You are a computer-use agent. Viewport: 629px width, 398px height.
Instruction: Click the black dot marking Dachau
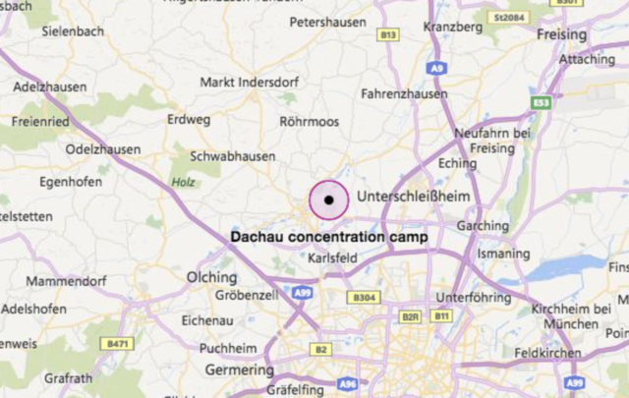[329, 199]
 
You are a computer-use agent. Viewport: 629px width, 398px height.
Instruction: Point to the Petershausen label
[327, 20]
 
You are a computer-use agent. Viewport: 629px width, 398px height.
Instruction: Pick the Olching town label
[212, 278]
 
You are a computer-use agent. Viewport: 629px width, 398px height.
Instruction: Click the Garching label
[484, 226]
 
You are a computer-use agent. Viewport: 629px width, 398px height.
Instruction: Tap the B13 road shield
[389, 35]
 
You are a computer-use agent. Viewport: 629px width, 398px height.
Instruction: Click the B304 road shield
[364, 297]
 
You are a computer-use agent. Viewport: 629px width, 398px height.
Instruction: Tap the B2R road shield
[411, 316]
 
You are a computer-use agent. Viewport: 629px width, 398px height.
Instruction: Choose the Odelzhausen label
[102, 149]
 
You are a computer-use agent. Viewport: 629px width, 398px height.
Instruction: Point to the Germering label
[239, 370]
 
